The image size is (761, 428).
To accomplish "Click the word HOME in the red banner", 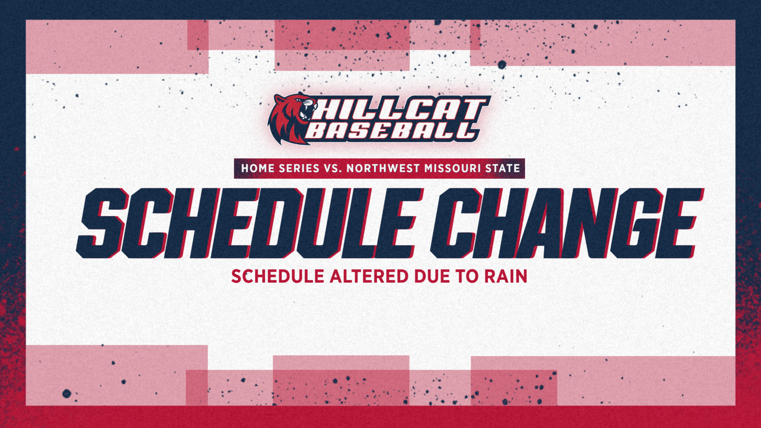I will pyautogui.click(x=258, y=169).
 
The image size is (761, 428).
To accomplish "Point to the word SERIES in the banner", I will pyautogui.click(x=299, y=169).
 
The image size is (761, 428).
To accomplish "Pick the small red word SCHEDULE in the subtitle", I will pyautogui.click(x=278, y=277).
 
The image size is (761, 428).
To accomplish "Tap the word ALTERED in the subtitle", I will pyautogui.click(x=369, y=277).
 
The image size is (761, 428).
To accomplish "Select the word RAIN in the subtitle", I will pyautogui.click(x=506, y=277).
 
